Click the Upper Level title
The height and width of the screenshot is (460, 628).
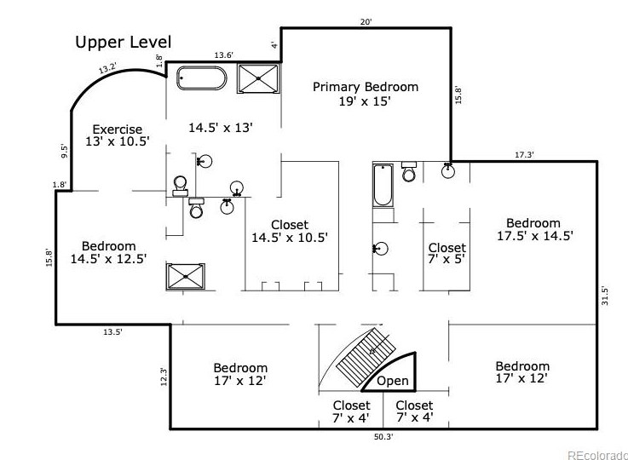[x=124, y=43]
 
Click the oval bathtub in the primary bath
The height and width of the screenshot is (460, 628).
[x=201, y=78]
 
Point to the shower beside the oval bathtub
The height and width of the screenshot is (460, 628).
[x=258, y=78]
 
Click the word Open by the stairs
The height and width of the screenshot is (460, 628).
[x=393, y=381]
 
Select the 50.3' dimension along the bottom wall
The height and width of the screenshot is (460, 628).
[x=383, y=437]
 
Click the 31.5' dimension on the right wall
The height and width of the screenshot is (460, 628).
[x=605, y=296]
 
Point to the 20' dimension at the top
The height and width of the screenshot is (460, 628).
[x=366, y=22]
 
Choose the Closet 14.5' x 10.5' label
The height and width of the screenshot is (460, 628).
[x=290, y=231]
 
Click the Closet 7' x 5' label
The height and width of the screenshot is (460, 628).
[x=447, y=253]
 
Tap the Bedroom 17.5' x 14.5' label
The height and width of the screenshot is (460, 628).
[x=534, y=229]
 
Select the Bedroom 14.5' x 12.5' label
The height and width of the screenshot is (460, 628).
[x=108, y=252]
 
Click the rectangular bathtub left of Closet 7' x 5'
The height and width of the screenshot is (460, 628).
[x=383, y=185]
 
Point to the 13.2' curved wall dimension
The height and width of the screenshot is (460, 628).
[x=107, y=68]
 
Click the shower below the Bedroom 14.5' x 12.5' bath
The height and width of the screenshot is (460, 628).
[x=186, y=276]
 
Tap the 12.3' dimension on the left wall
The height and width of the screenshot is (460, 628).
[x=164, y=377]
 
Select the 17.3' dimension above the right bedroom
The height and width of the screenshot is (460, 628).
[x=524, y=155]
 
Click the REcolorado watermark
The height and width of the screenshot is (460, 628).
[x=597, y=455]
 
